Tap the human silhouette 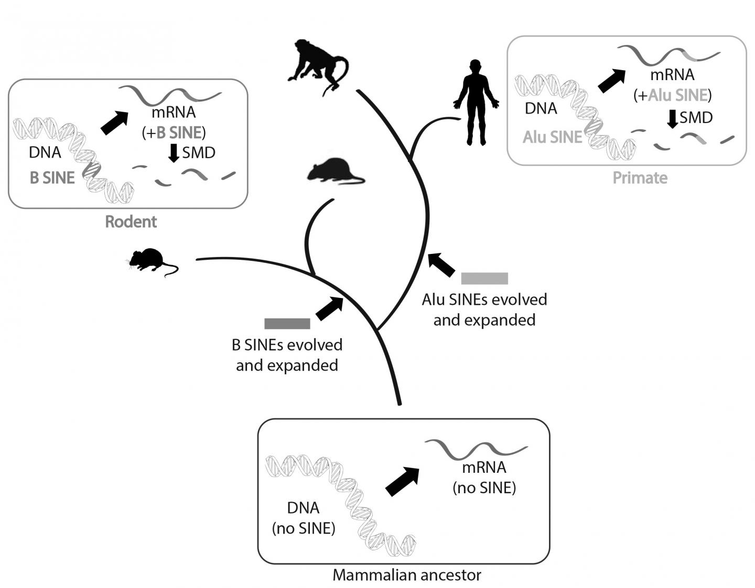click(x=476, y=102)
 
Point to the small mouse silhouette click(x=149, y=260)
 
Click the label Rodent click(x=131, y=221)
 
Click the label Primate click(x=640, y=178)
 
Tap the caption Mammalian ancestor click(x=407, y=575)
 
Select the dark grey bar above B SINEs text click(x=287, y=324)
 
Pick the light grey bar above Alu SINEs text click(x=484, y=279)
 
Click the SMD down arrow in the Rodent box click(x=174, y=153)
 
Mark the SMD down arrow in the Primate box click(x=672, y=118)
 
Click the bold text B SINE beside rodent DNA click(x=52, y=177)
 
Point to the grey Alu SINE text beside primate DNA click(x=553, y=137)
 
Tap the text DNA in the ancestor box click(x=303, y=508)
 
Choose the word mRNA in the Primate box click(x=672, y=75)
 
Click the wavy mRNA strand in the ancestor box click(x=475, y=448)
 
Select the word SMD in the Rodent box click(x=199, y=152)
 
